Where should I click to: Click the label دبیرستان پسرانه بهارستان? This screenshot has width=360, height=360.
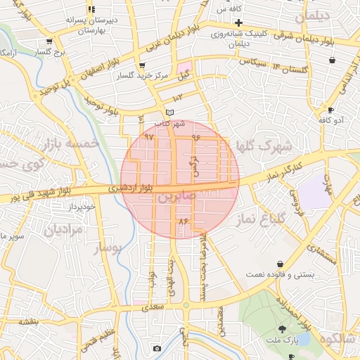coord(89,25)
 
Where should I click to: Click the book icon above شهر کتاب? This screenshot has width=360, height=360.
coord(168,112)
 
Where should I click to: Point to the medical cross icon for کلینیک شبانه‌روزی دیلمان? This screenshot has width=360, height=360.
coord(220,23)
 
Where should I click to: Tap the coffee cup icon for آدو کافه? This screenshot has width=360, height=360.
coord(331,110)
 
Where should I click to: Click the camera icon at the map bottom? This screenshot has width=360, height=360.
coord(156,349)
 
